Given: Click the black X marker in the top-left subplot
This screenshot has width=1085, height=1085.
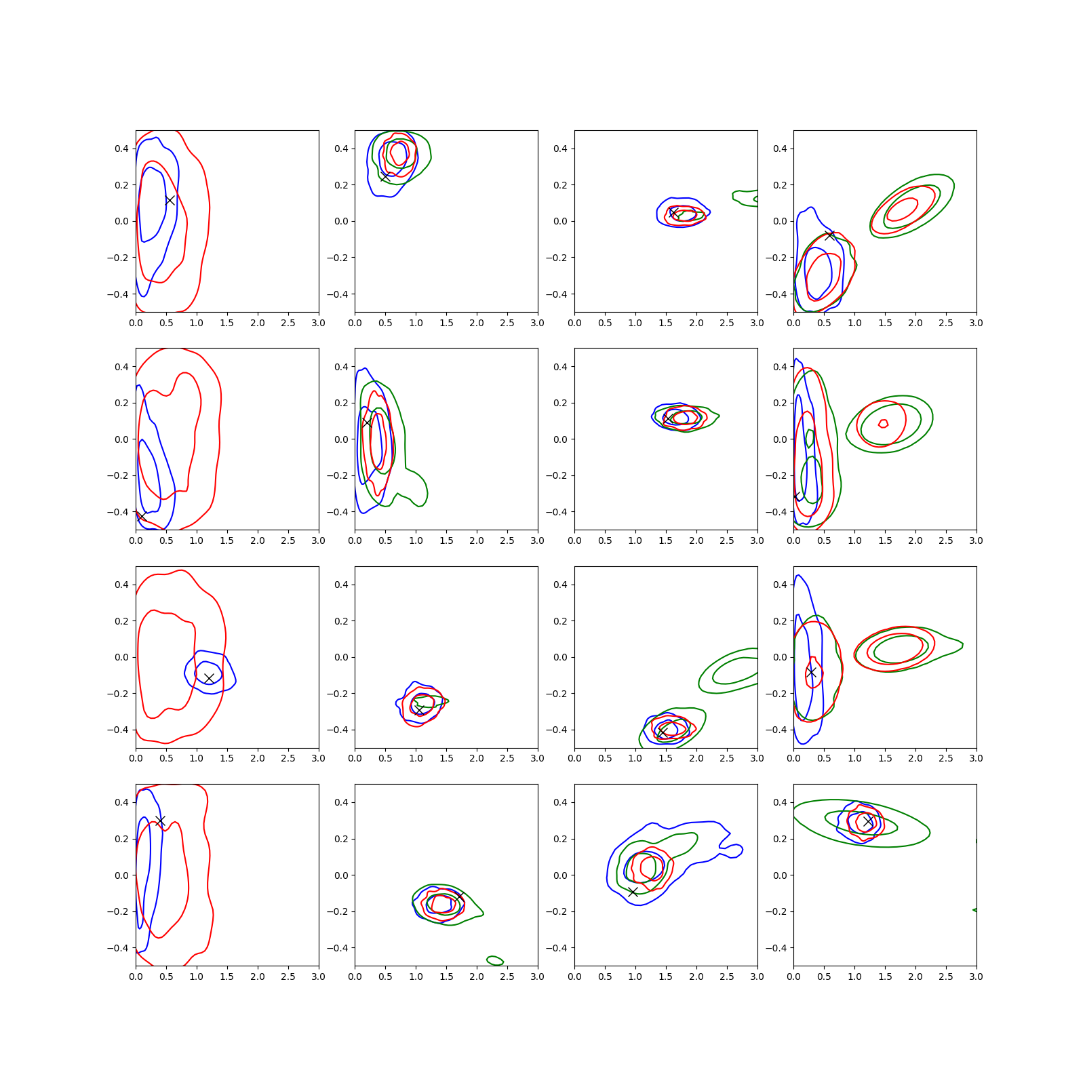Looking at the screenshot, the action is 170,200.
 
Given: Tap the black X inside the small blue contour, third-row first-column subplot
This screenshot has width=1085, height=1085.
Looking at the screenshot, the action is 209,678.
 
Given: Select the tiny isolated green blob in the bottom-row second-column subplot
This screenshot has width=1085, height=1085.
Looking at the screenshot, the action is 495,960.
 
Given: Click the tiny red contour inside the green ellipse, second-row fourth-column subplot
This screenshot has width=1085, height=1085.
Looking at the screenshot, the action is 883,424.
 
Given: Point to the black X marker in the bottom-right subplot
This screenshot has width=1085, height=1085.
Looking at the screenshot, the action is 868,821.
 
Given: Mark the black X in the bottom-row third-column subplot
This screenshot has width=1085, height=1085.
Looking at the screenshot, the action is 633,892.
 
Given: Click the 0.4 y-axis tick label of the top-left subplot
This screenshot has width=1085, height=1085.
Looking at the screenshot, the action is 121,149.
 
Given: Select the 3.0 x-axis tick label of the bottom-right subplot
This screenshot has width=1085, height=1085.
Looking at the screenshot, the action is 976,976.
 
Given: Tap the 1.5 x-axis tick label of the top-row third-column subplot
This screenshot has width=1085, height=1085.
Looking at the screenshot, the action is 666,323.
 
